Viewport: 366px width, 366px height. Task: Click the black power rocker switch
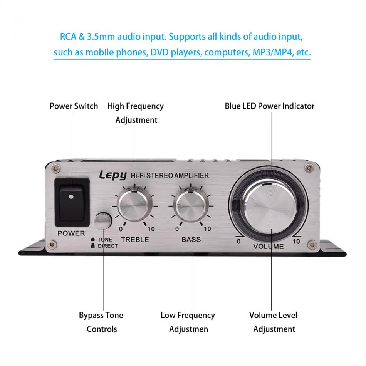tap(72, 201)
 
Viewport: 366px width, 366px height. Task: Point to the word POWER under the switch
tap(71, 233)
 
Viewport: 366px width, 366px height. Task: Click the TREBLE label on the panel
tap(135, 240)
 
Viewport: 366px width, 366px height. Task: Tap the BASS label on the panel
tap(191, 240)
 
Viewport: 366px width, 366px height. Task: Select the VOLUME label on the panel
tap(268, 246)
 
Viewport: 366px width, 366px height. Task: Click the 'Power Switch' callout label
tap(74, 106)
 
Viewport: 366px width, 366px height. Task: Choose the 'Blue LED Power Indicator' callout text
tap(269, 106)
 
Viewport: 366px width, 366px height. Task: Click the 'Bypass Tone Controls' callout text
tap(101, 322)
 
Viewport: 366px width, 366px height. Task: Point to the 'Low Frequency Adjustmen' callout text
tap(188, 322)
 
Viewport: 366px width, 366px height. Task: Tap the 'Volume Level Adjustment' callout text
tap(274, 322)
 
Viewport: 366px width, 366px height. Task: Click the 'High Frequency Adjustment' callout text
tap(136, 113)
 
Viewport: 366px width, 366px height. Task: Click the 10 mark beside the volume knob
tap(296, 242)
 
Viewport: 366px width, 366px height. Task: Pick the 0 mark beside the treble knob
tap(121, 229)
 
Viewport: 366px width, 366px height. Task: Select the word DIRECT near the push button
tap(108, 246)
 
